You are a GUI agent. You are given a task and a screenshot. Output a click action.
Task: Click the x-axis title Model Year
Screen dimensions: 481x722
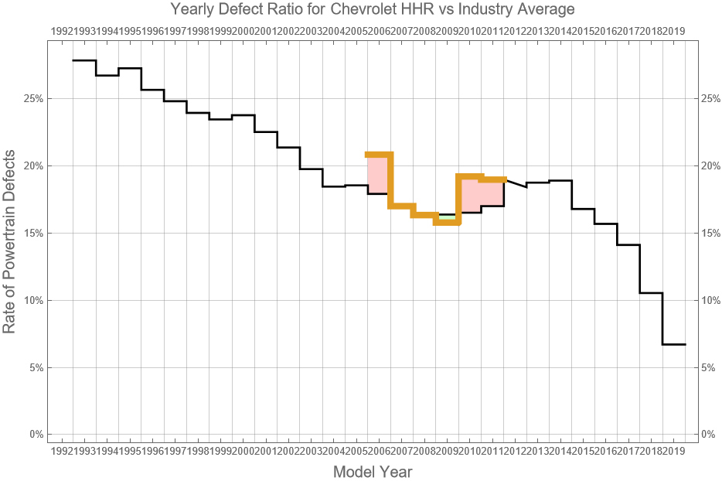(373, 472)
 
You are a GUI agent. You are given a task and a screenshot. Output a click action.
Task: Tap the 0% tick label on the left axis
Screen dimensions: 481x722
(35, 435)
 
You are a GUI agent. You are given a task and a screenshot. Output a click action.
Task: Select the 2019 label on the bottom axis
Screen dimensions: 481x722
(674, 451)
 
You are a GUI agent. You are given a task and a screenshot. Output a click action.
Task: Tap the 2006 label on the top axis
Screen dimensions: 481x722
(379, 31)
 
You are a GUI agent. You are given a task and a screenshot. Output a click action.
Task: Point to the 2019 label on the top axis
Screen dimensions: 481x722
(674, 31)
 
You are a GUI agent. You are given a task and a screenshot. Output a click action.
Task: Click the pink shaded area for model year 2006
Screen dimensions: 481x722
(378, 174)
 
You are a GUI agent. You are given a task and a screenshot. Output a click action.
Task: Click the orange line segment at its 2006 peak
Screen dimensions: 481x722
(379, 154)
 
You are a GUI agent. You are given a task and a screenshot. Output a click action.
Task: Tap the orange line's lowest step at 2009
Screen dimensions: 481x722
(447, 222)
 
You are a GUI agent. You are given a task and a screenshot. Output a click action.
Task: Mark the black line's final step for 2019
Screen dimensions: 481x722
(674, 344)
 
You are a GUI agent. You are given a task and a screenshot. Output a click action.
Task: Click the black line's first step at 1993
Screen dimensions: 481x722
(84, 60)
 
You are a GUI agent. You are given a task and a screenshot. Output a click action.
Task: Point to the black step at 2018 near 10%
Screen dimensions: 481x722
(652, 293)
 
